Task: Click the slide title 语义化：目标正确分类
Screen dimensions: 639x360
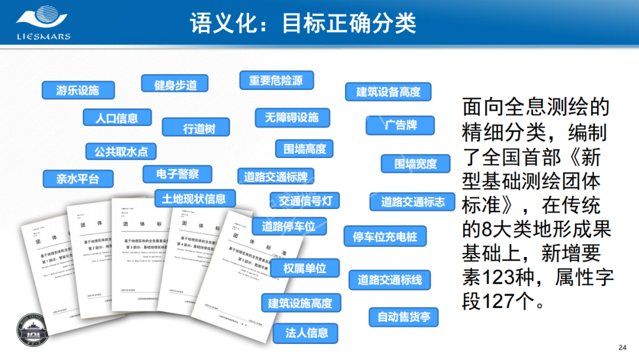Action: pos(303,23)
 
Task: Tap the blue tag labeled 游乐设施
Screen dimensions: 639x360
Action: pos(78,91)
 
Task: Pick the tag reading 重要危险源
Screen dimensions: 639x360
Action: pos(276,81)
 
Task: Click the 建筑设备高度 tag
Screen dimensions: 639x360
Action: pos(388,92)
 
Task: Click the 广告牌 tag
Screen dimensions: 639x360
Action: pos(401,126)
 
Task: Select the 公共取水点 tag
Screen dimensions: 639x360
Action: pos(121,152)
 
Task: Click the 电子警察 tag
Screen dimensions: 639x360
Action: pos(177,174)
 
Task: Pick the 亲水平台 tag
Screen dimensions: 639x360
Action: pos(78,178)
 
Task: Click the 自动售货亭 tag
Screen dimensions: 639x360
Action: pos(404,317)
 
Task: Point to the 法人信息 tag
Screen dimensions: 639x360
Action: pos(306,332)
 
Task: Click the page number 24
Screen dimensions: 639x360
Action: pos(621,348)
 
